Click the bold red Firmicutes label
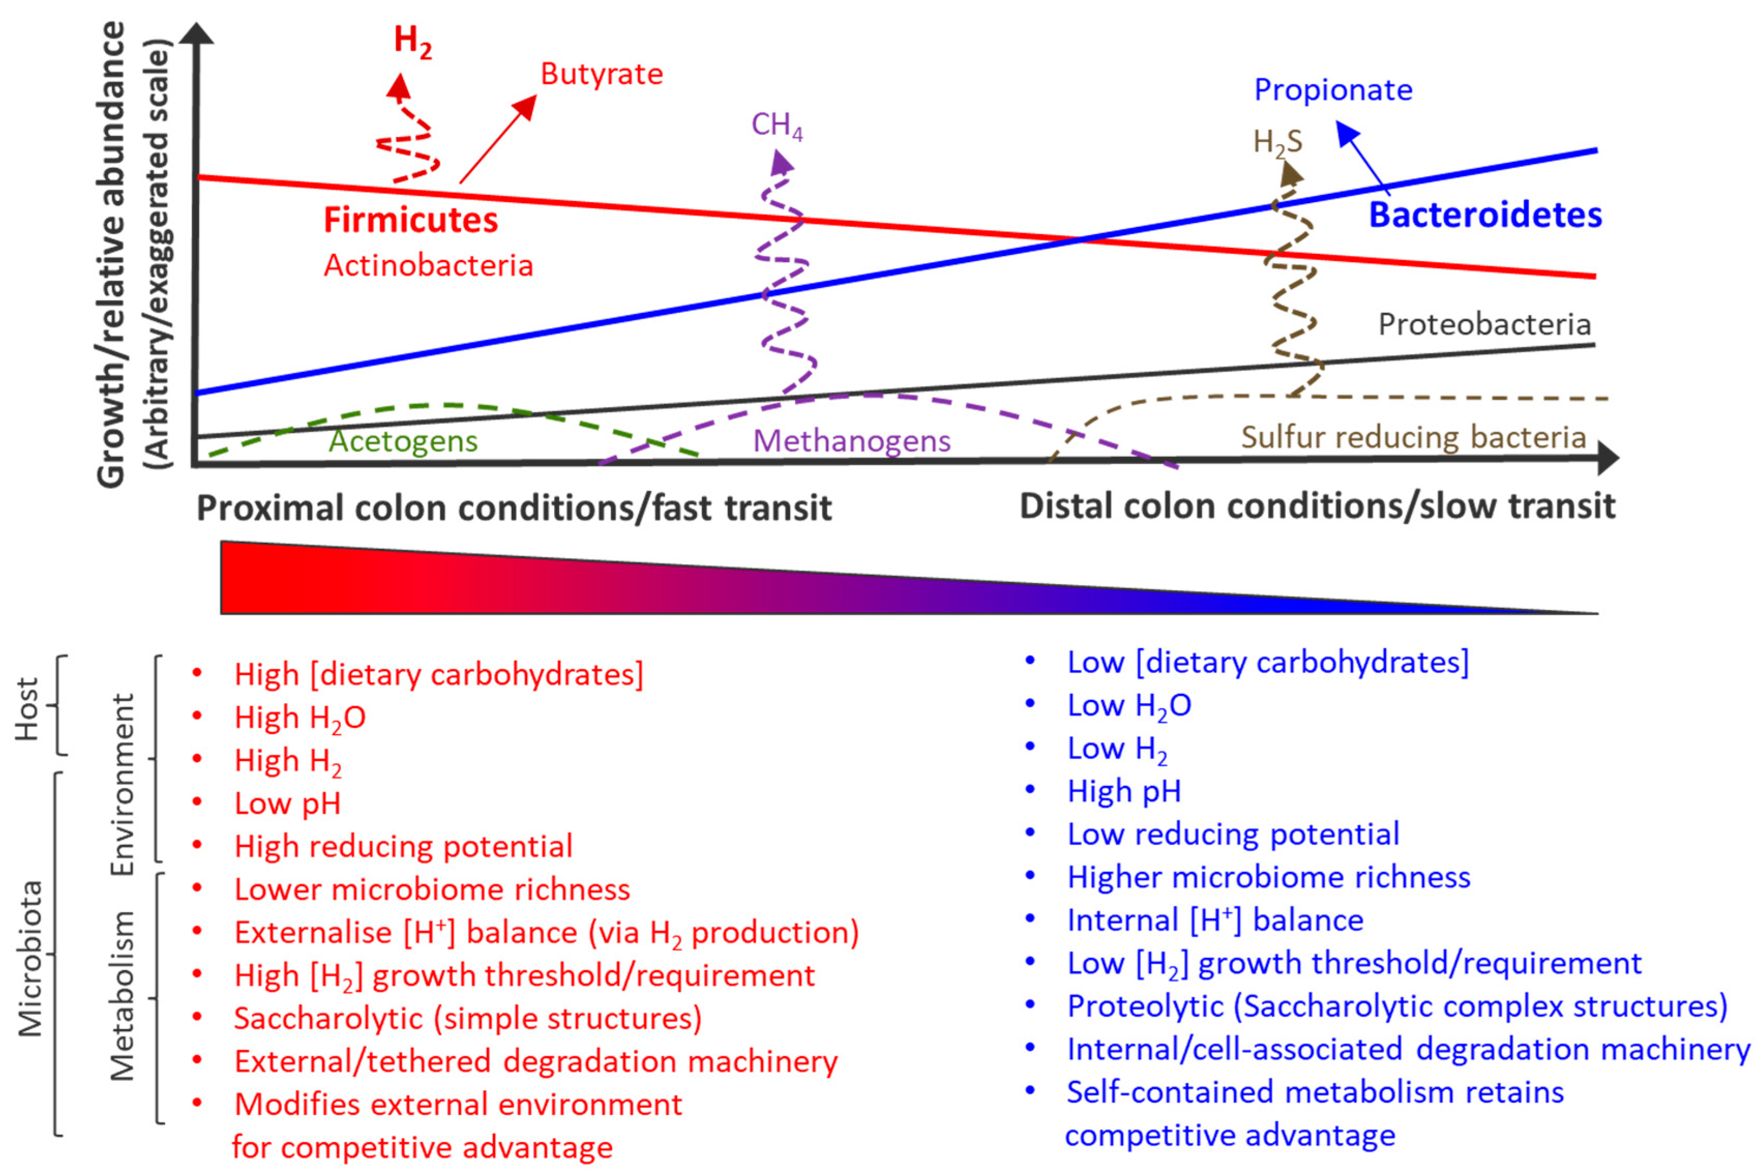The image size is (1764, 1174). pos(410,220)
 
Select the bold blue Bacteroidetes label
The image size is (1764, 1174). pos(1485,215)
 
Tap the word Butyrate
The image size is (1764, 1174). pos(602,74)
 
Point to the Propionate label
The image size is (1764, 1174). pos(1333,90)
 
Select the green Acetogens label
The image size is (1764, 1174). pos(403,441)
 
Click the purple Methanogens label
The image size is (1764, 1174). pos(851,441)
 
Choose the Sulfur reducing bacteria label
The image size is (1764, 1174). pos(1413,437)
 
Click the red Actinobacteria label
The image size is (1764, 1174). pos(428,266)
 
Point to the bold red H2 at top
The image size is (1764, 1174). pos(413,41)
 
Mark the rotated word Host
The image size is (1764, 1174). pos(27,709)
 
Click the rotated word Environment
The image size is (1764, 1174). pos(122,785)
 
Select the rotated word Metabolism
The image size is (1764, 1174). pos(122,996)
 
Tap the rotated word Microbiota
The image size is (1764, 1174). pos(31,958)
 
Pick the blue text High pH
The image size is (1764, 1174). pos(1124,791)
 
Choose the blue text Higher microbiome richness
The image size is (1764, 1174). pos(1268,877)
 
